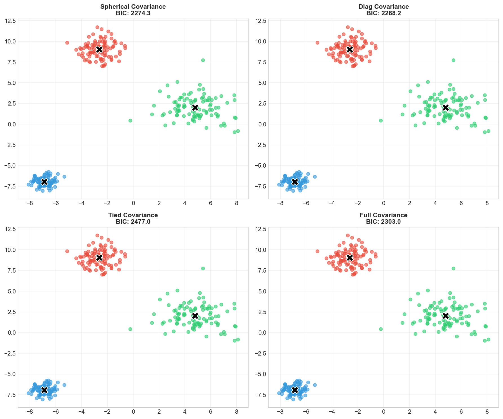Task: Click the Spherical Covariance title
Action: [x=133, y=7]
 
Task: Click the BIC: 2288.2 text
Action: [x=384, y=13]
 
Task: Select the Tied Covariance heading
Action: [x=133, y=215]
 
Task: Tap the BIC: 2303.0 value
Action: [x=384, y=221]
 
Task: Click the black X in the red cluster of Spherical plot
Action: [x=99, y=49]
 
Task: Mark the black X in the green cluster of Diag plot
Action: [x=446, y=108]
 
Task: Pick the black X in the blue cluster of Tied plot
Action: [x=44, y=390]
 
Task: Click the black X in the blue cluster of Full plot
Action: [x=295, y=390]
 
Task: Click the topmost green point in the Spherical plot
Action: [x=203, y=60]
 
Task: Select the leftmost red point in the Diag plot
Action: [x=317, y=43]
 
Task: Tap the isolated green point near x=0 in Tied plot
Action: [x=130, y=329]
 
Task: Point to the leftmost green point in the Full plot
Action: [x=381, y=329]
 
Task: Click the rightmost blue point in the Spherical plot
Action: [x=64, y=177]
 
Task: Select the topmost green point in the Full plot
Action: [x=453, y=268]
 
